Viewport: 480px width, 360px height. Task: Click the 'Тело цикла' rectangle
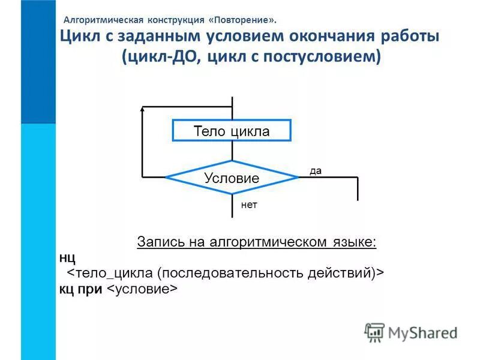(232, 131)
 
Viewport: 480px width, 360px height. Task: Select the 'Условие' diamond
(232, 178)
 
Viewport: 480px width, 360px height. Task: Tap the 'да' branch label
(316, 171)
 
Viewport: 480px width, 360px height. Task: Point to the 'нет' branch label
(249, 205)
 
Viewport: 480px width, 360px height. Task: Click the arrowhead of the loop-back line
(143, 110)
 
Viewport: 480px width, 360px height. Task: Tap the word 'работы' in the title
(409, 37)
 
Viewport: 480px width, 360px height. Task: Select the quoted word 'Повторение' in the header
(244, 19)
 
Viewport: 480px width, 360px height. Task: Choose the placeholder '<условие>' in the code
(143, 289)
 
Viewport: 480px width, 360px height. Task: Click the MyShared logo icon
(374, 332)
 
